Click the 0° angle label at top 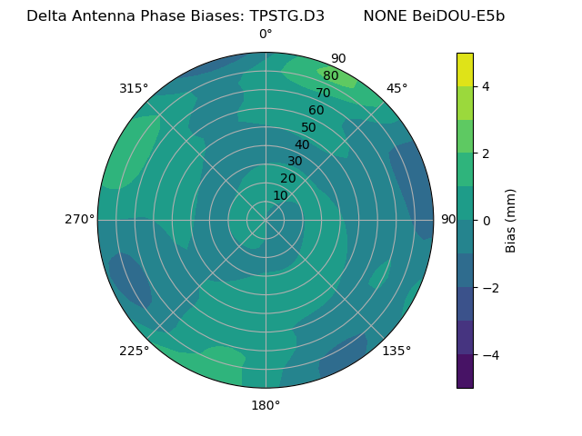(x=266, y=35)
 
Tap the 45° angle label (x=396, y=88)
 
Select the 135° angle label (x=396, y=351)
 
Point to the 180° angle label (x=266, y=405)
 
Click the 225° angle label (x=134, y=351)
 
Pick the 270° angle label (x=79, y=220)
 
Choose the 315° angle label (x=134, y=88)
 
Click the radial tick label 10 (x=280, y=195)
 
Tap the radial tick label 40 (x=302, y=144)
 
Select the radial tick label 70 (x=323, y=93)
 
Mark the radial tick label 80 (x=330, y=76)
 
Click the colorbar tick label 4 (x=486, y=86)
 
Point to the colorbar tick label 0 (x=486, y=221)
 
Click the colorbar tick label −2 (x=489, y=288)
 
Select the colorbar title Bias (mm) (x=511, y=221)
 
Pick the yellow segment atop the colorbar (x=465, y=69)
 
